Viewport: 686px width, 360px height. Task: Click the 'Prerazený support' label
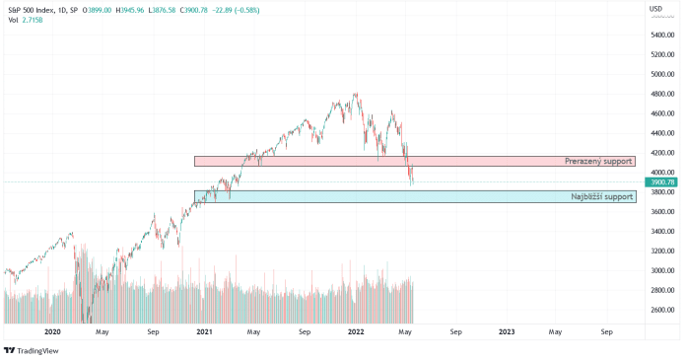597,161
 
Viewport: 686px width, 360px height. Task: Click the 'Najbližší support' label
601,196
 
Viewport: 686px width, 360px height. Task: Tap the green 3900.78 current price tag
661,182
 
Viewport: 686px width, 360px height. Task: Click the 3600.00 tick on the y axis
661,212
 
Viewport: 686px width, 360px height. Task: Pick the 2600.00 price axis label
661,311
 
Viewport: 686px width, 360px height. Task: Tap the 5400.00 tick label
661,35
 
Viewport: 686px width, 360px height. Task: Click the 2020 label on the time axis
52,333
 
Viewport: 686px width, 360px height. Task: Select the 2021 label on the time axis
204,333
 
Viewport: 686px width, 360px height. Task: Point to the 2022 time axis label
355,333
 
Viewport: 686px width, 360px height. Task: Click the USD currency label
654,9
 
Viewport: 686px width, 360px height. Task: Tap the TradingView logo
28,350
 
